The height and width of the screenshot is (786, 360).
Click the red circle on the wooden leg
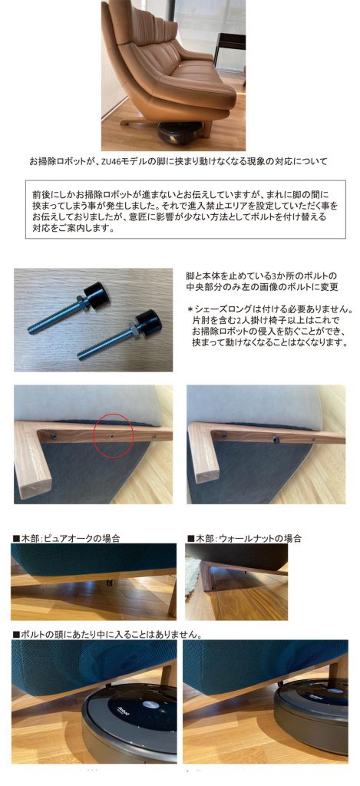click(x=113, y=435)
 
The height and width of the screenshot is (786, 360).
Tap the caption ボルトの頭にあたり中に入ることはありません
click(x=111, y=634)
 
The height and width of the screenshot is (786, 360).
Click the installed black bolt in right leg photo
click(x=275, y=440)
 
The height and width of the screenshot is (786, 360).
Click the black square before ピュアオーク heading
click(x=15, y=539)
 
